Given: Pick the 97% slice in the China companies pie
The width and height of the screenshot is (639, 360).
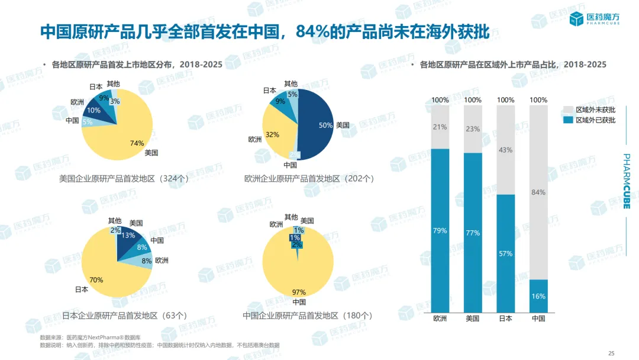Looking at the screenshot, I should click(x=296, y=278).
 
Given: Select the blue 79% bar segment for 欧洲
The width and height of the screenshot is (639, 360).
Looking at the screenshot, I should click(x=440, y=231).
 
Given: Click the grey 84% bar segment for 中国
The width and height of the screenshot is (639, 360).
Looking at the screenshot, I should click(x=538, y=192).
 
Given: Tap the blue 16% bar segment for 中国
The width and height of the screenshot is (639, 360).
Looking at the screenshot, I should click(x=538, y=296).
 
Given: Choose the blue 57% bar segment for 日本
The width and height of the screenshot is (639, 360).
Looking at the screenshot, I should click(x=506, y=253).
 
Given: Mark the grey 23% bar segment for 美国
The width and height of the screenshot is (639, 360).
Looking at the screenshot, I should click(x=473, y=129).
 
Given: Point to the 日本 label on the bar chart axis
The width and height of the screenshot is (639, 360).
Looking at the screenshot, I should click(x=506, y=319).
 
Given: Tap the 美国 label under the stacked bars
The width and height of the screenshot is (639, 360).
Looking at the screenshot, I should click(x=473, y=319).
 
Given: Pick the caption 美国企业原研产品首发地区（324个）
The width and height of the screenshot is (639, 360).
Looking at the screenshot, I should click(x=124, y=178).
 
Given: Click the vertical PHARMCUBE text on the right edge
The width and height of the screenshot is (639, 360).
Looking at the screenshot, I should click(x=627, y=181).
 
